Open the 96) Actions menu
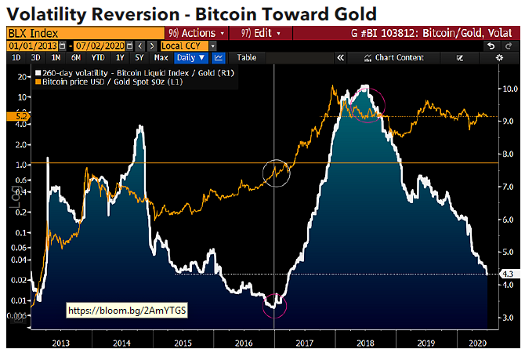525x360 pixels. pyautogui.click(x=197, y=34)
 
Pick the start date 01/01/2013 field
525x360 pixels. pyautogui.click(x=26, y=45)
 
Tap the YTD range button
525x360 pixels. pyautogui.click(x=97, y=57)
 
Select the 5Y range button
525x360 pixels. pyautogui.click(x=139, y=57)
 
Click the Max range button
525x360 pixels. pyautogui.click(x=161, y=57)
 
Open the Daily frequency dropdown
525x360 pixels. pyautogui.click(x=190, y=57)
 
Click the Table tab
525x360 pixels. pyautogui.click(x=246, y=57)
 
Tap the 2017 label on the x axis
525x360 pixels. pyautogui.click(x=306, y=343)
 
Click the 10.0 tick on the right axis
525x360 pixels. pyautogui.click(x=507, y=89)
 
